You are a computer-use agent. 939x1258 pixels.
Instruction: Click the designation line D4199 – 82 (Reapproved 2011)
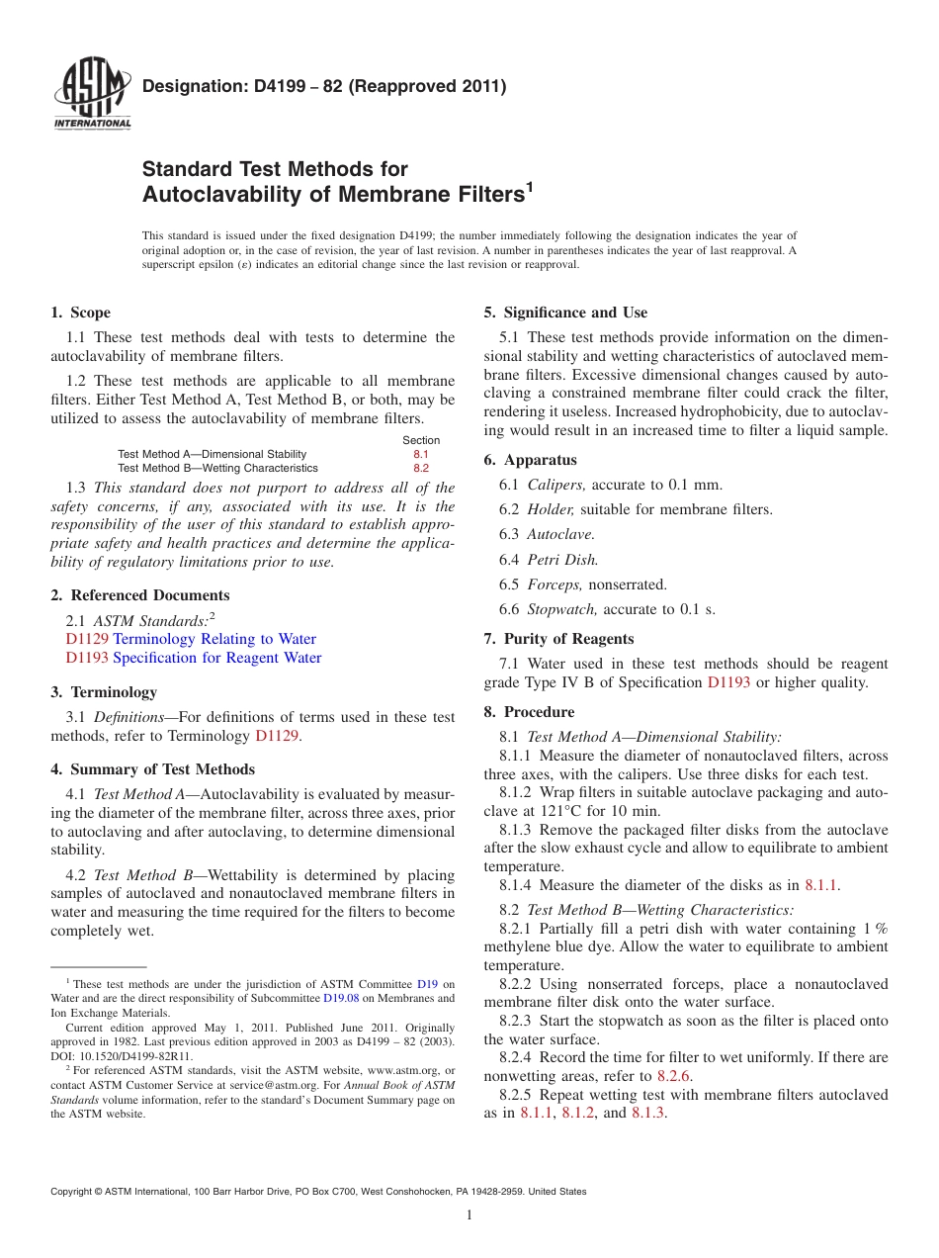coord(324,86)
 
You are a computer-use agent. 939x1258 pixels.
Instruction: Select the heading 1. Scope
coord(81,313)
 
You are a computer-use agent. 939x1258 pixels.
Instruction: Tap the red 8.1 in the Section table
coord(421,454)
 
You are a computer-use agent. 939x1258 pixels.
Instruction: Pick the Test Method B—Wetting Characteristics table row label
coord(217,468)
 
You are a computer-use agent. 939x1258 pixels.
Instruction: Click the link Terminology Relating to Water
coord(214,639)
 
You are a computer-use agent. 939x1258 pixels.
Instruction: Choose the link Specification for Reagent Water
coord(216,658)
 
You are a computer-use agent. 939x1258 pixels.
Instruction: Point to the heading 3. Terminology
coord(104,692)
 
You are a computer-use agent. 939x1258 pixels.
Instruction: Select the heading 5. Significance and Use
coord(565,313)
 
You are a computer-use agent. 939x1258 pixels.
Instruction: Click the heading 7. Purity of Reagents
coord(558,639)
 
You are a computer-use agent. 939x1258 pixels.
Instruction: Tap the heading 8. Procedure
coord(529,712)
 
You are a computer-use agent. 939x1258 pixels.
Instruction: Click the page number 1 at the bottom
coord(469,1215)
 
